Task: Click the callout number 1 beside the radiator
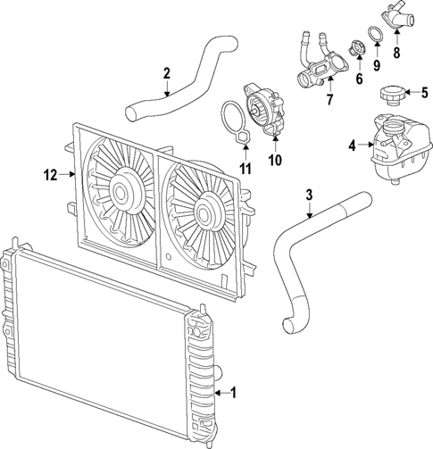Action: point(234,392)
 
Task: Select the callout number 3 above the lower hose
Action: point(309,194)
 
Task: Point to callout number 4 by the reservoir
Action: point(352,145)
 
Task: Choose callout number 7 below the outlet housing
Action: point(329,98)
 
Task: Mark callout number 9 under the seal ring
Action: point(378,64)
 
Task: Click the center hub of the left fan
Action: point(121,190)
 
